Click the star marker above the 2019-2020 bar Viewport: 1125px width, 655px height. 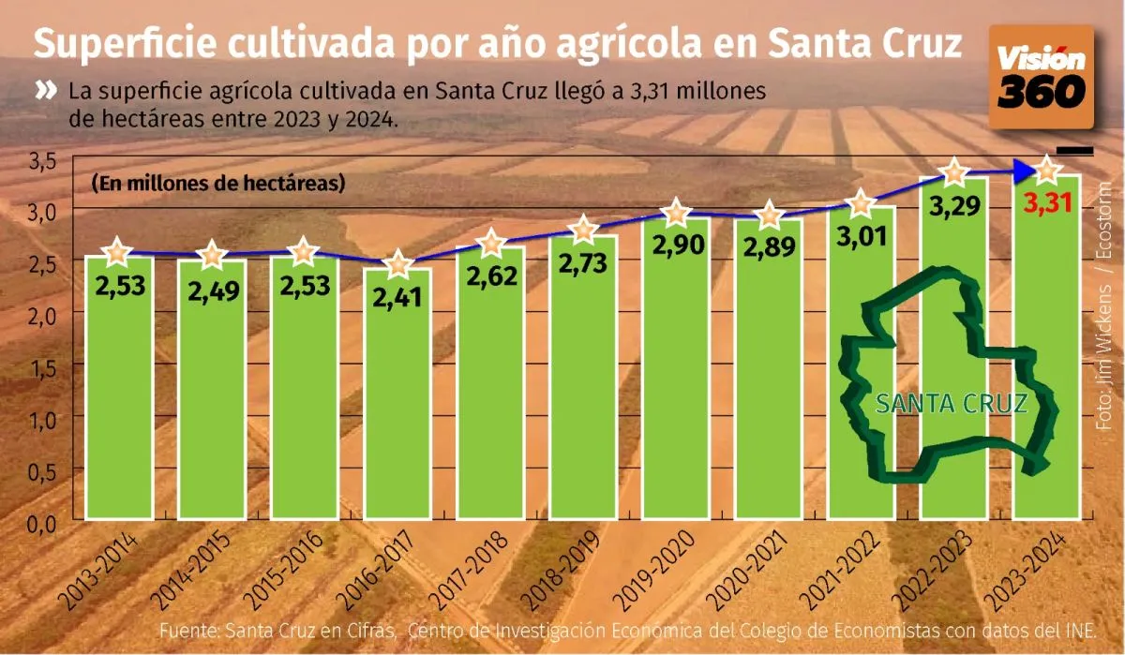pos(676,213)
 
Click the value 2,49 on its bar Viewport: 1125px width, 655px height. pos(213,292)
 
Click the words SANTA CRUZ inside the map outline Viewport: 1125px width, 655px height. pos(951,404)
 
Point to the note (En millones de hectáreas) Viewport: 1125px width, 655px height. pos(218,183)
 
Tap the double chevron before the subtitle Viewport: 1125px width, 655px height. pos(47,91)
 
